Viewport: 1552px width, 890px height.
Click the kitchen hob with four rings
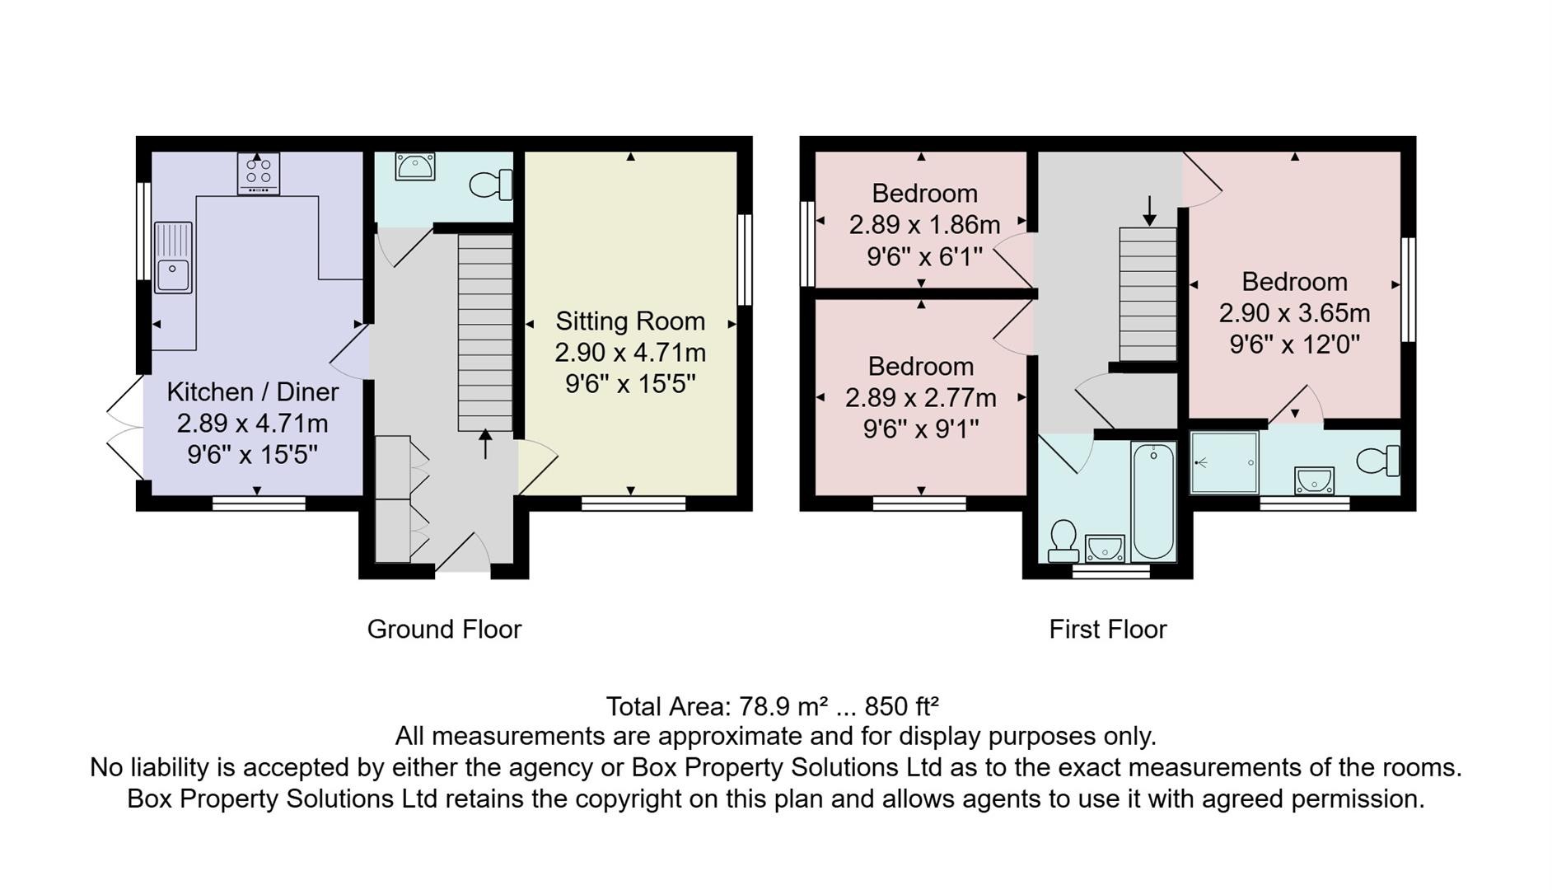coord(259,173)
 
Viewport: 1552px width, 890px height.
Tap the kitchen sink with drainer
coord(173,257)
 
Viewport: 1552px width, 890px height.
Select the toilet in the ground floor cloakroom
coord(492,185)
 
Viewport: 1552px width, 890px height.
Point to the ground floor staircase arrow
coord(485,444)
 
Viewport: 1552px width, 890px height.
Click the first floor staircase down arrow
coord(1149,210)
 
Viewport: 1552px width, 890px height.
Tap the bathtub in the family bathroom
coord(1154,500)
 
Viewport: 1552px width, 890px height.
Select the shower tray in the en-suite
coord(1225,462)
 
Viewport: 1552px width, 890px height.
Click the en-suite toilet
coord(1378,461)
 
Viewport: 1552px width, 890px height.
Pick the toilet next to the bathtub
coord(1063,541)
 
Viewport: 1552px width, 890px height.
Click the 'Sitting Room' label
coord(630,321)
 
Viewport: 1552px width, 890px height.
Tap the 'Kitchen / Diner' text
coord(253,391)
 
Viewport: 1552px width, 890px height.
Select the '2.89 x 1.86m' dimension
coord(925,224)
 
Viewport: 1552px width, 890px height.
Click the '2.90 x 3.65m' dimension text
coord(1295,313)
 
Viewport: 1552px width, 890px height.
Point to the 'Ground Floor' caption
coord(444,630)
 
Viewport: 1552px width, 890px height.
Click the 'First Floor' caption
coord(1108,630)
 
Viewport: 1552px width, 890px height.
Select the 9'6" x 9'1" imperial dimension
coord(921,429)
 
